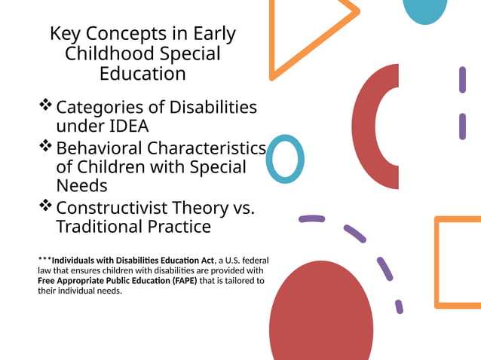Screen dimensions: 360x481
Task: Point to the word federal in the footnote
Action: pyautogui.click(x=253, y=261)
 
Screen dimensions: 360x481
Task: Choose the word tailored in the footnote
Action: pyautogui.click(x=234, y=281)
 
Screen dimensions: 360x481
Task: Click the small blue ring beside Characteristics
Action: pyautogui.click(x=286, y=159)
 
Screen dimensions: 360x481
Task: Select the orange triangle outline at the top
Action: pyautogui.click(x=283, y=30)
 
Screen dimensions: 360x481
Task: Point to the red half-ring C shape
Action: pyautogui.click(x=367, y=127)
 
